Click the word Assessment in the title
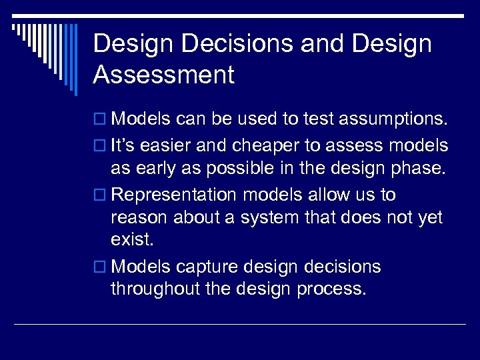click(164, 75)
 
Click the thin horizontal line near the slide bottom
click(240, 324)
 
